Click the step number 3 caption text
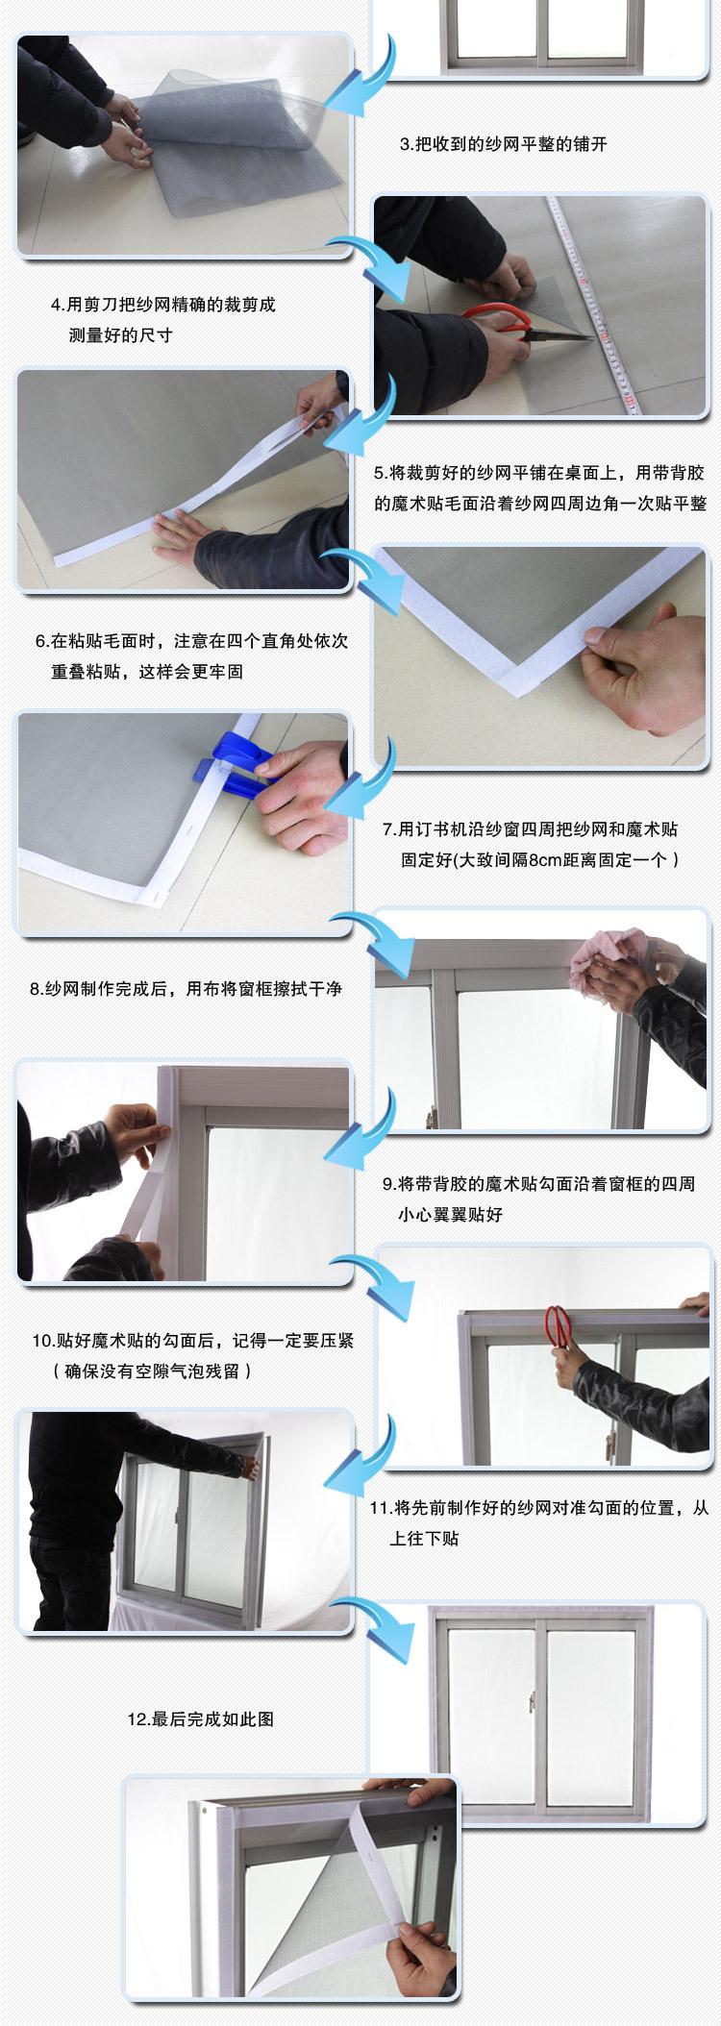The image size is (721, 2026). click(x=504, y=145)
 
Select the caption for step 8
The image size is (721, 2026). click(x=186, y=989)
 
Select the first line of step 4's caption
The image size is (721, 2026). click(x=163, y=305)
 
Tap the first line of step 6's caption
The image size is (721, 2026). click(x=191, y=641)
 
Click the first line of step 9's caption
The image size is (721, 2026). click(x=538, y=1184)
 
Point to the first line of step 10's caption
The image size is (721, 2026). click(x=193, y=1340)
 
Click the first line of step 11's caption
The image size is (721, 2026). click(x=538, y=1508)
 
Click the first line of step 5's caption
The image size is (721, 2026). click(x=539, y=473)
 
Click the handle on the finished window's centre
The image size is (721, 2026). click(x=531, y=1702)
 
